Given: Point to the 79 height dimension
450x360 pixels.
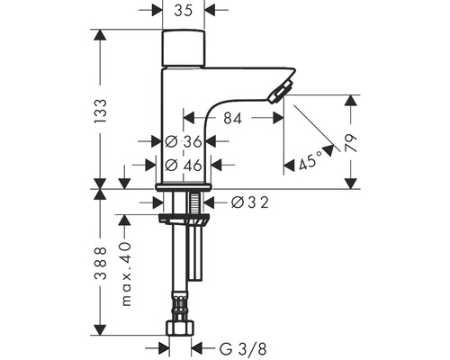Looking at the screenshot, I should [352, 141].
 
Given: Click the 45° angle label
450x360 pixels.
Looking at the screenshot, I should [310, 163].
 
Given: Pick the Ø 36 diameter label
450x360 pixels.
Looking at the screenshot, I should [184, 141].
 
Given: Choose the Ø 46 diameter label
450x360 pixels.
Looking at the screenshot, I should [184, 165].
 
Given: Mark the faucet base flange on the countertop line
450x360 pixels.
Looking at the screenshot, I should [184, 186].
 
